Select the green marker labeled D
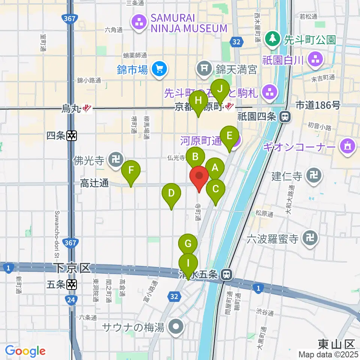pyautogui.click(x=171, y=195)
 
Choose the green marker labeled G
pyautogui.click(x=188, y=244)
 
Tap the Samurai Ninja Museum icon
pyautogui.click(x=139, y=22)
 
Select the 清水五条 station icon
pyautogui.click(x=226, y=275)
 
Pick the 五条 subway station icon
pyautogui.click(x=72, y=285)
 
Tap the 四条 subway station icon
pyautogui.click(x=72, y=136)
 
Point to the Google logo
pyautogui.click(x=25, y=351)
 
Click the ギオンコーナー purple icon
pyautogui.click(x=347, y=145)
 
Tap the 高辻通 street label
pyautogui.click(x=94, y=183)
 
